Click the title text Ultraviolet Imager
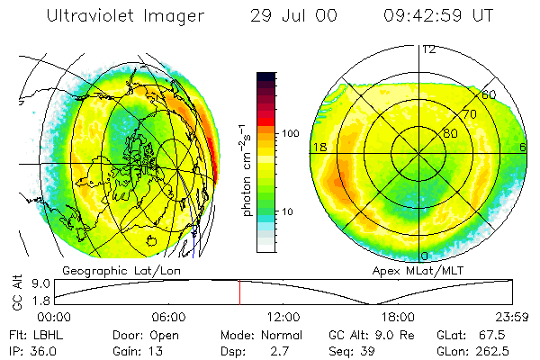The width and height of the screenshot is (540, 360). [x=125, y=16]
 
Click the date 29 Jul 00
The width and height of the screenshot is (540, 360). [x=287, y=16]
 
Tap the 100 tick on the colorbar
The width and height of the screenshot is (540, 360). [x=291, y=133]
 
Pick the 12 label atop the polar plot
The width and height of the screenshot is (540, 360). [x=428, y=49]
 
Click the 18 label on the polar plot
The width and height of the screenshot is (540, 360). [x=319, y=147]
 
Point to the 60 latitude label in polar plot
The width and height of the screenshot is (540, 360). [x=489, y=95]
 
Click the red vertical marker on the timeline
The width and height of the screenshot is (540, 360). [x=239, y=292]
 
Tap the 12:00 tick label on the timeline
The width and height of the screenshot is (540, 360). [x=283, y=317]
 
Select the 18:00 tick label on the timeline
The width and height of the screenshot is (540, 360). [x=398, y=317]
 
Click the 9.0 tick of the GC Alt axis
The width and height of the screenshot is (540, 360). [x=29, y=283]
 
